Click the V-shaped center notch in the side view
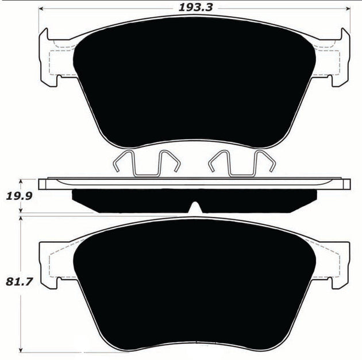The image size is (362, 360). [x=196, y=206]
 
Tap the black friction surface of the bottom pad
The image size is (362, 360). [x=195, y=287]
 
